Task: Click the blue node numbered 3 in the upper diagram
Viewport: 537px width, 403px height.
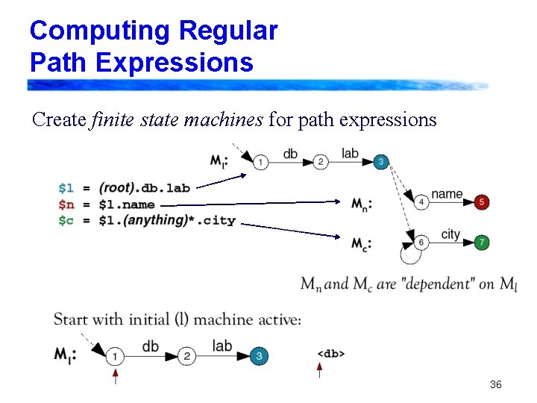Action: (380, 162)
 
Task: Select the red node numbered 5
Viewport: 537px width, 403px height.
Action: (482, 202)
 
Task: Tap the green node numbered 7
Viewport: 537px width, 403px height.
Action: (482, 243)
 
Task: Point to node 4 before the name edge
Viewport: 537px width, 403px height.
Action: (421, 202)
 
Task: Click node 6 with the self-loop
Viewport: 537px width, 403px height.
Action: (421, 243)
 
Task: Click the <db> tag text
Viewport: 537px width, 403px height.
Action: (331, 353)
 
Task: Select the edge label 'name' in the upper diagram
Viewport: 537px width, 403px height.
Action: (447, 194)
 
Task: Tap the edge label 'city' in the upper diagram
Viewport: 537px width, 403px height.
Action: (451, 234)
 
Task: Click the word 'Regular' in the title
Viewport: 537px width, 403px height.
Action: (227, 31)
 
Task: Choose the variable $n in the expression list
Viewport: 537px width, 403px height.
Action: (66, 204)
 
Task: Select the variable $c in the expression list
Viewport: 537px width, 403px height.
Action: (66, 220)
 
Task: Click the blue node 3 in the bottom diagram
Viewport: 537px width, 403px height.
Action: (259, 357)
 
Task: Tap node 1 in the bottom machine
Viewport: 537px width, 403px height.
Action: (115, 357)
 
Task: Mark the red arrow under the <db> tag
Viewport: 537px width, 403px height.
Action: (320, 369)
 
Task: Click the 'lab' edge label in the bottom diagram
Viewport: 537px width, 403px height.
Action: (222, 346)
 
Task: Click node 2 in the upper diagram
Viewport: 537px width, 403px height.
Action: (321, 162)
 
